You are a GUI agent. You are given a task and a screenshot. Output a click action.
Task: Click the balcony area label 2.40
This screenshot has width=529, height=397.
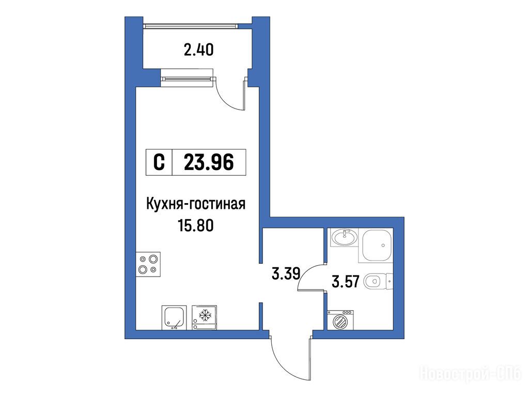[198, 50]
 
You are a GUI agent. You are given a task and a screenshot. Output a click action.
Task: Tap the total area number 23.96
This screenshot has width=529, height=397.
[209, 162]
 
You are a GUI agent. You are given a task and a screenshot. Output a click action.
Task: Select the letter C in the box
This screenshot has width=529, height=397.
[159, 162]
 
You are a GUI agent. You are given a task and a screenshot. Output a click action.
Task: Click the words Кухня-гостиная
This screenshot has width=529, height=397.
[196, 205]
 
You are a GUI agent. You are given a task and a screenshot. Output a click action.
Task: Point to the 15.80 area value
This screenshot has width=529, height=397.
[196, 225]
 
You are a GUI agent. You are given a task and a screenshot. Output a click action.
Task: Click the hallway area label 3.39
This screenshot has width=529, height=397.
[286, 273]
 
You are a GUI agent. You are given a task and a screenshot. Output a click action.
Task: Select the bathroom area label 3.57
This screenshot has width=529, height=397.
[346, 281]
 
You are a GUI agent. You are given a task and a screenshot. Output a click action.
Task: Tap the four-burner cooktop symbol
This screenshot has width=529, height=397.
[148, 264]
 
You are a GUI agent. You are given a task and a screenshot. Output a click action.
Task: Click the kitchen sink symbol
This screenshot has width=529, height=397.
[174, 317]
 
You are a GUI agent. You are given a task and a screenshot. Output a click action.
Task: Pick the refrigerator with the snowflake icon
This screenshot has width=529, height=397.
[204, 317]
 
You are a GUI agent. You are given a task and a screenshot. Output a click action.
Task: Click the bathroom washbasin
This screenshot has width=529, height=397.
[344, 237]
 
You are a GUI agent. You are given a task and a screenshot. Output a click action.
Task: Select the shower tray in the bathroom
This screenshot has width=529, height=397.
[377, 246]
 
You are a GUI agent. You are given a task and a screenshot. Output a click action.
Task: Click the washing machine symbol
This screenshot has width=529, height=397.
[340, 319]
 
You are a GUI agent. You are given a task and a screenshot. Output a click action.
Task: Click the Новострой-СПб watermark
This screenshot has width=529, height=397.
[470, 374]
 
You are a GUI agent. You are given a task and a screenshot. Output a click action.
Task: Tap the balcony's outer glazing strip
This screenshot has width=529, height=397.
[191, 26]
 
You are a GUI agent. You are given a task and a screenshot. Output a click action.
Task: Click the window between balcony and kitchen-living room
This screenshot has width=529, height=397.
[187, 79]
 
